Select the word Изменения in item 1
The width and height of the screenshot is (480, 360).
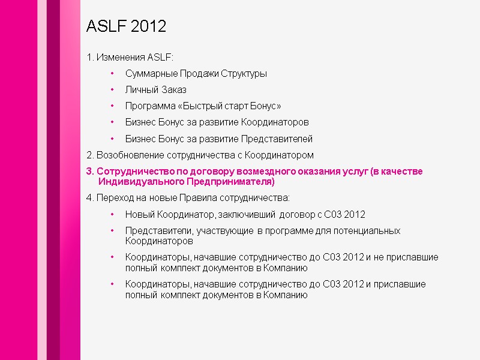116,58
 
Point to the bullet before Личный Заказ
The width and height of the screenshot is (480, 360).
112,90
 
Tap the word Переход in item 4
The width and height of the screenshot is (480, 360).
113,197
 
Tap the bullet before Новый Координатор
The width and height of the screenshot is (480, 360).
112,214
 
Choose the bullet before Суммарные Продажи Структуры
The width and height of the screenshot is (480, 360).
112,74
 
